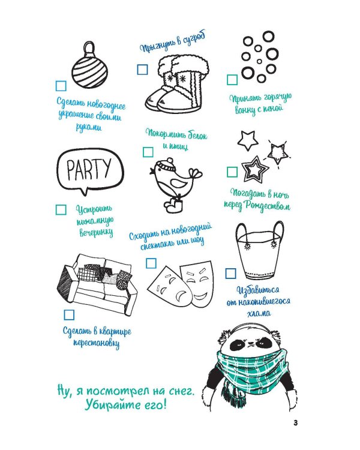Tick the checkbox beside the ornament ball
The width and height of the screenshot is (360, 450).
tap(61, 85)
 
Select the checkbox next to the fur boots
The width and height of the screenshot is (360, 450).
tap(142, 70)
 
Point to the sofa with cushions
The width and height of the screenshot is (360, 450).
tap(97, 282)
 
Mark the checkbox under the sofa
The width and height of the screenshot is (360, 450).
tap(70, 314)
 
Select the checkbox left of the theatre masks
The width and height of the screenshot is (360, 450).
tap(151, 262)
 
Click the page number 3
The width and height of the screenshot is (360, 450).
tap(296, 422)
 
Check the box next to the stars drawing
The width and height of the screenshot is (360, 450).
tap(232, 172)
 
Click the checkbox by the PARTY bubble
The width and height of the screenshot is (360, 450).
tap(61, 209)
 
